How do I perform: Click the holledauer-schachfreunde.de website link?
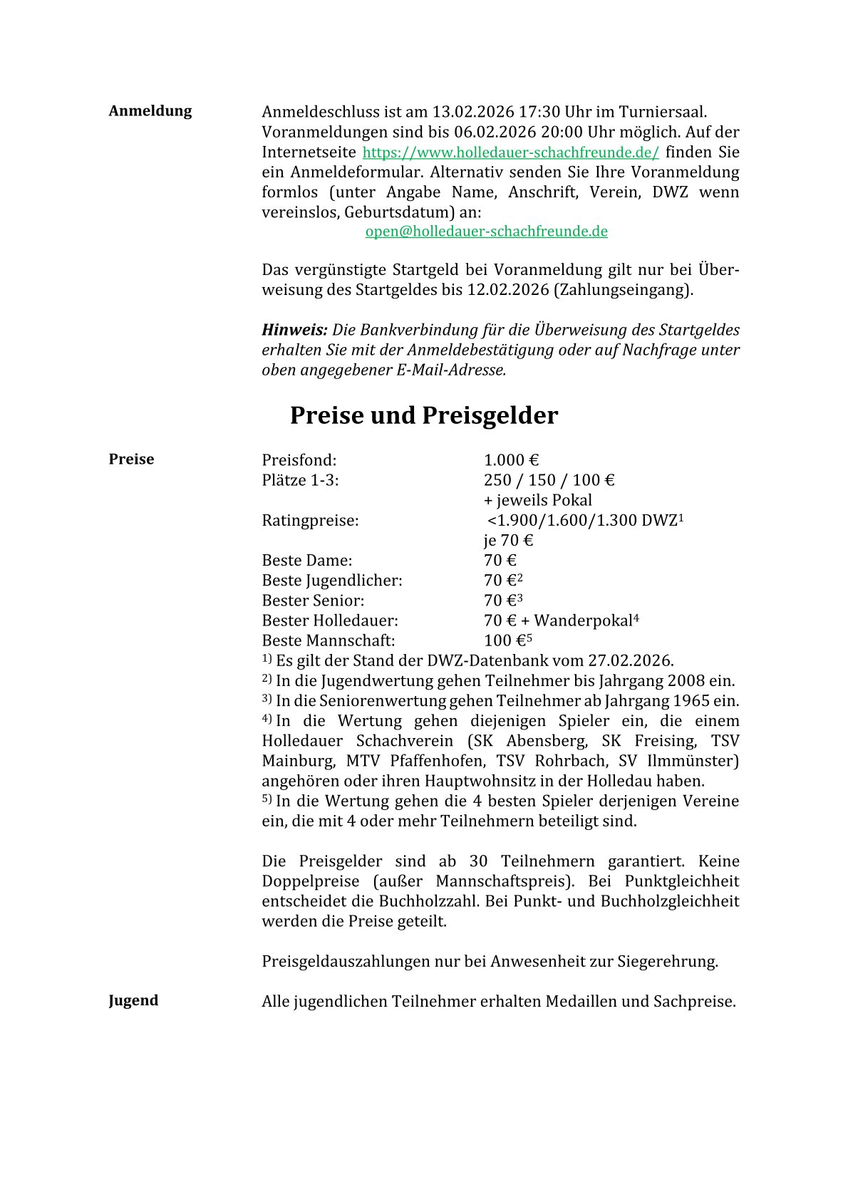(510, 152)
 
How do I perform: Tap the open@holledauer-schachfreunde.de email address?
(486, 232)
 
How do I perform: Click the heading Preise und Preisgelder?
(423, 415)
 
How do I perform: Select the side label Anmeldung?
(150, 111)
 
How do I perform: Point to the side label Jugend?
(133, 1000)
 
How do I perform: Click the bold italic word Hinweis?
(294, 330)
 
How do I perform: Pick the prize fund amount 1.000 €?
(511, 460)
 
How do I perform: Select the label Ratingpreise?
(310, 521)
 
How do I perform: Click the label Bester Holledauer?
(330, 621)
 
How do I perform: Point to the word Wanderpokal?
(583, 621)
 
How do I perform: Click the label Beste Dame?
(306, 561)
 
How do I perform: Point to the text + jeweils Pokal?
(537, 500)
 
